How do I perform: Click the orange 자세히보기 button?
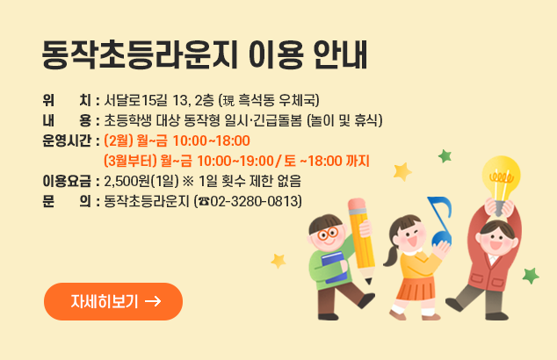(112, 301)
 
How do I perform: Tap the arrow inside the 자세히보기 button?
(152, 301)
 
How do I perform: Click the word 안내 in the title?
(340, 54)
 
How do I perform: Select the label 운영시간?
(68, 140)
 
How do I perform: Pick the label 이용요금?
(68, 182)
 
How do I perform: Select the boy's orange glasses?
(327, 234)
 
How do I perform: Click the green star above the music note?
(445, 156)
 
